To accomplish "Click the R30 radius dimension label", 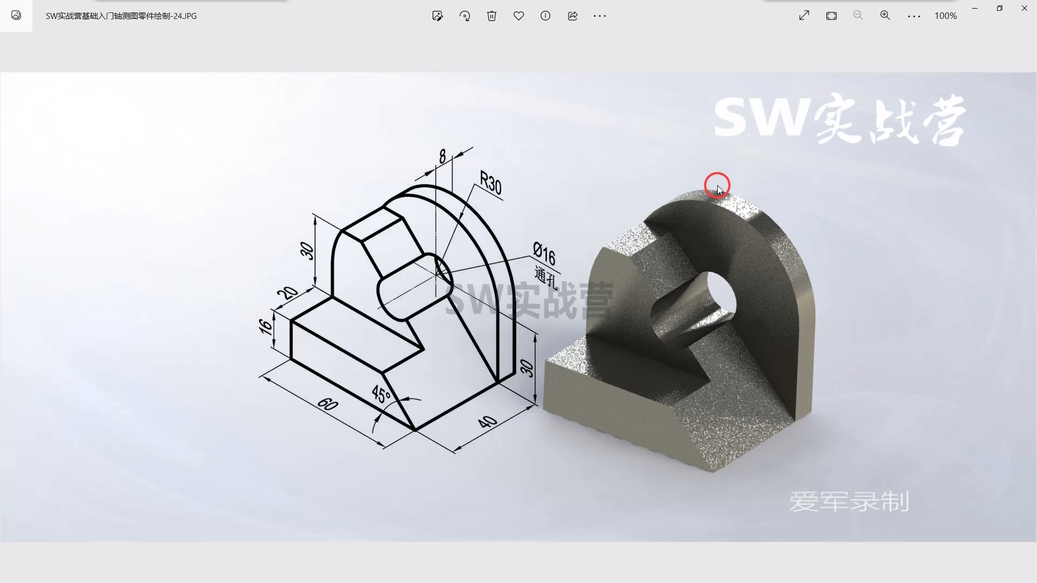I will click(x=490, y=182).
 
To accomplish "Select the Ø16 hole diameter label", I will click(x=544, y=254).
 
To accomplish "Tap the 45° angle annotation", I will click(x=381, y=395).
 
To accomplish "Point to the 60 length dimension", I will click(x=327, y=404).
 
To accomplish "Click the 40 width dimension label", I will click(x=487, y=422).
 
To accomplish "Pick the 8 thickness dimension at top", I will click(x=442, y=157).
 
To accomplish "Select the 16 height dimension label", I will click(x=265, y=327).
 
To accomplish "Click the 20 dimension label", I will click(x=287, y=293).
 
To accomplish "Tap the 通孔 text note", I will click(x=546, y=277).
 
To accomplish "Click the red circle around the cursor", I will click(x=717, y=185).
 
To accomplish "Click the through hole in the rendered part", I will click(x=720, y=295).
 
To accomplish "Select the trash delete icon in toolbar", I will click(x=491, y=16).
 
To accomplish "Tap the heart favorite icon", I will click(x=518, y=16).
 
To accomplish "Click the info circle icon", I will click(x=546, y=16).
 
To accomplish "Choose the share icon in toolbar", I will click(x=573, y=16).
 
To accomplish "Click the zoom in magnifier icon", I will click(x=885, y=16).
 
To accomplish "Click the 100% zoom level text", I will click(x=946, y=16).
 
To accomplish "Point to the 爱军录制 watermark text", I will click(x=849, y=501).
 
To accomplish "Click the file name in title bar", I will click(x=121, y=16).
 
